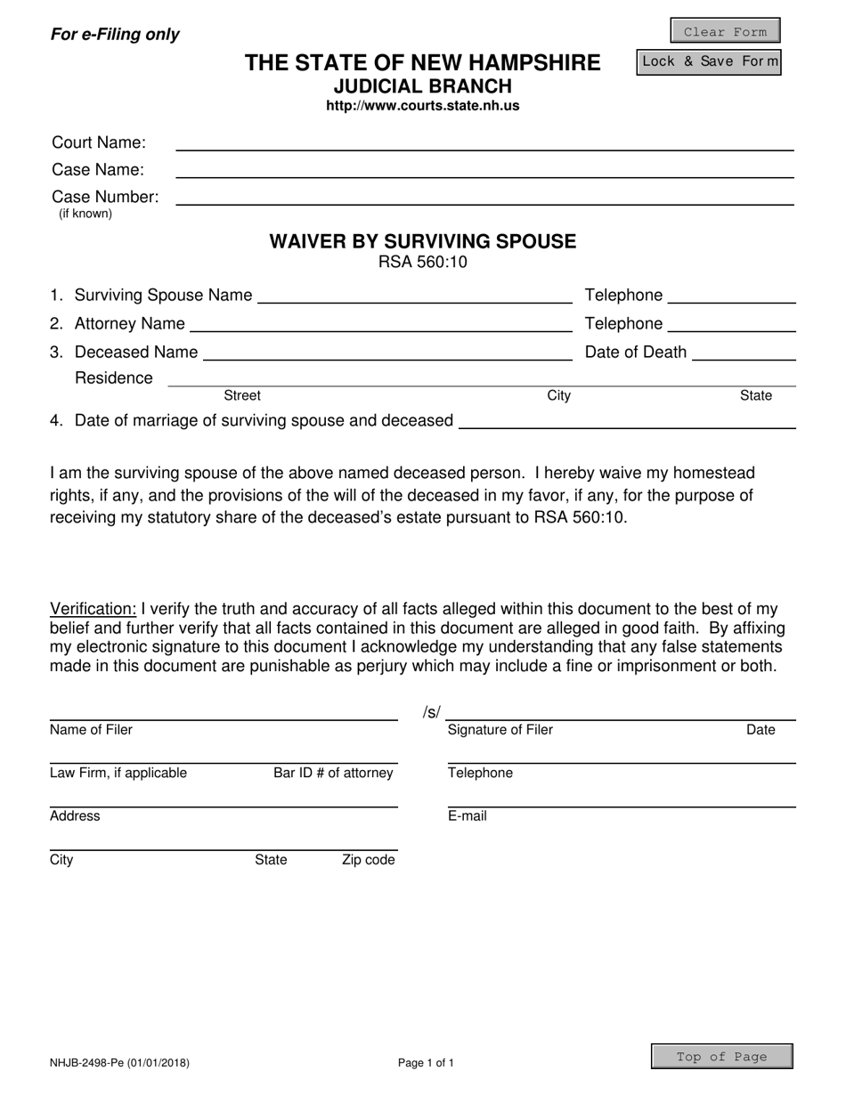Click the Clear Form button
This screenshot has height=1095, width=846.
point(725,31)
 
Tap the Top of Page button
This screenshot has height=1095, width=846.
point(721,1057)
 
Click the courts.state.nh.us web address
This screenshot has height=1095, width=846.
point(423,106)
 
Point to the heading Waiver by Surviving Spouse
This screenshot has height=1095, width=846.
point(423,241)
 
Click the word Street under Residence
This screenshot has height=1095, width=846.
point(242,395)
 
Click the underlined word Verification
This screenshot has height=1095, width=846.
point(94,609)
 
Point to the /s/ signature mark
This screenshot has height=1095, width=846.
point(432,712)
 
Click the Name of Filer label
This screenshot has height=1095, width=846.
point(91,730)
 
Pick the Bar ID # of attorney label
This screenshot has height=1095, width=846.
point(333,773)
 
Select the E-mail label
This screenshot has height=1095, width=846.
point(468,816)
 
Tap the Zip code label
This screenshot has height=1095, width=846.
point(368,860)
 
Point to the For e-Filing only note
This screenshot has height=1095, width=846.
point(115,35)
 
